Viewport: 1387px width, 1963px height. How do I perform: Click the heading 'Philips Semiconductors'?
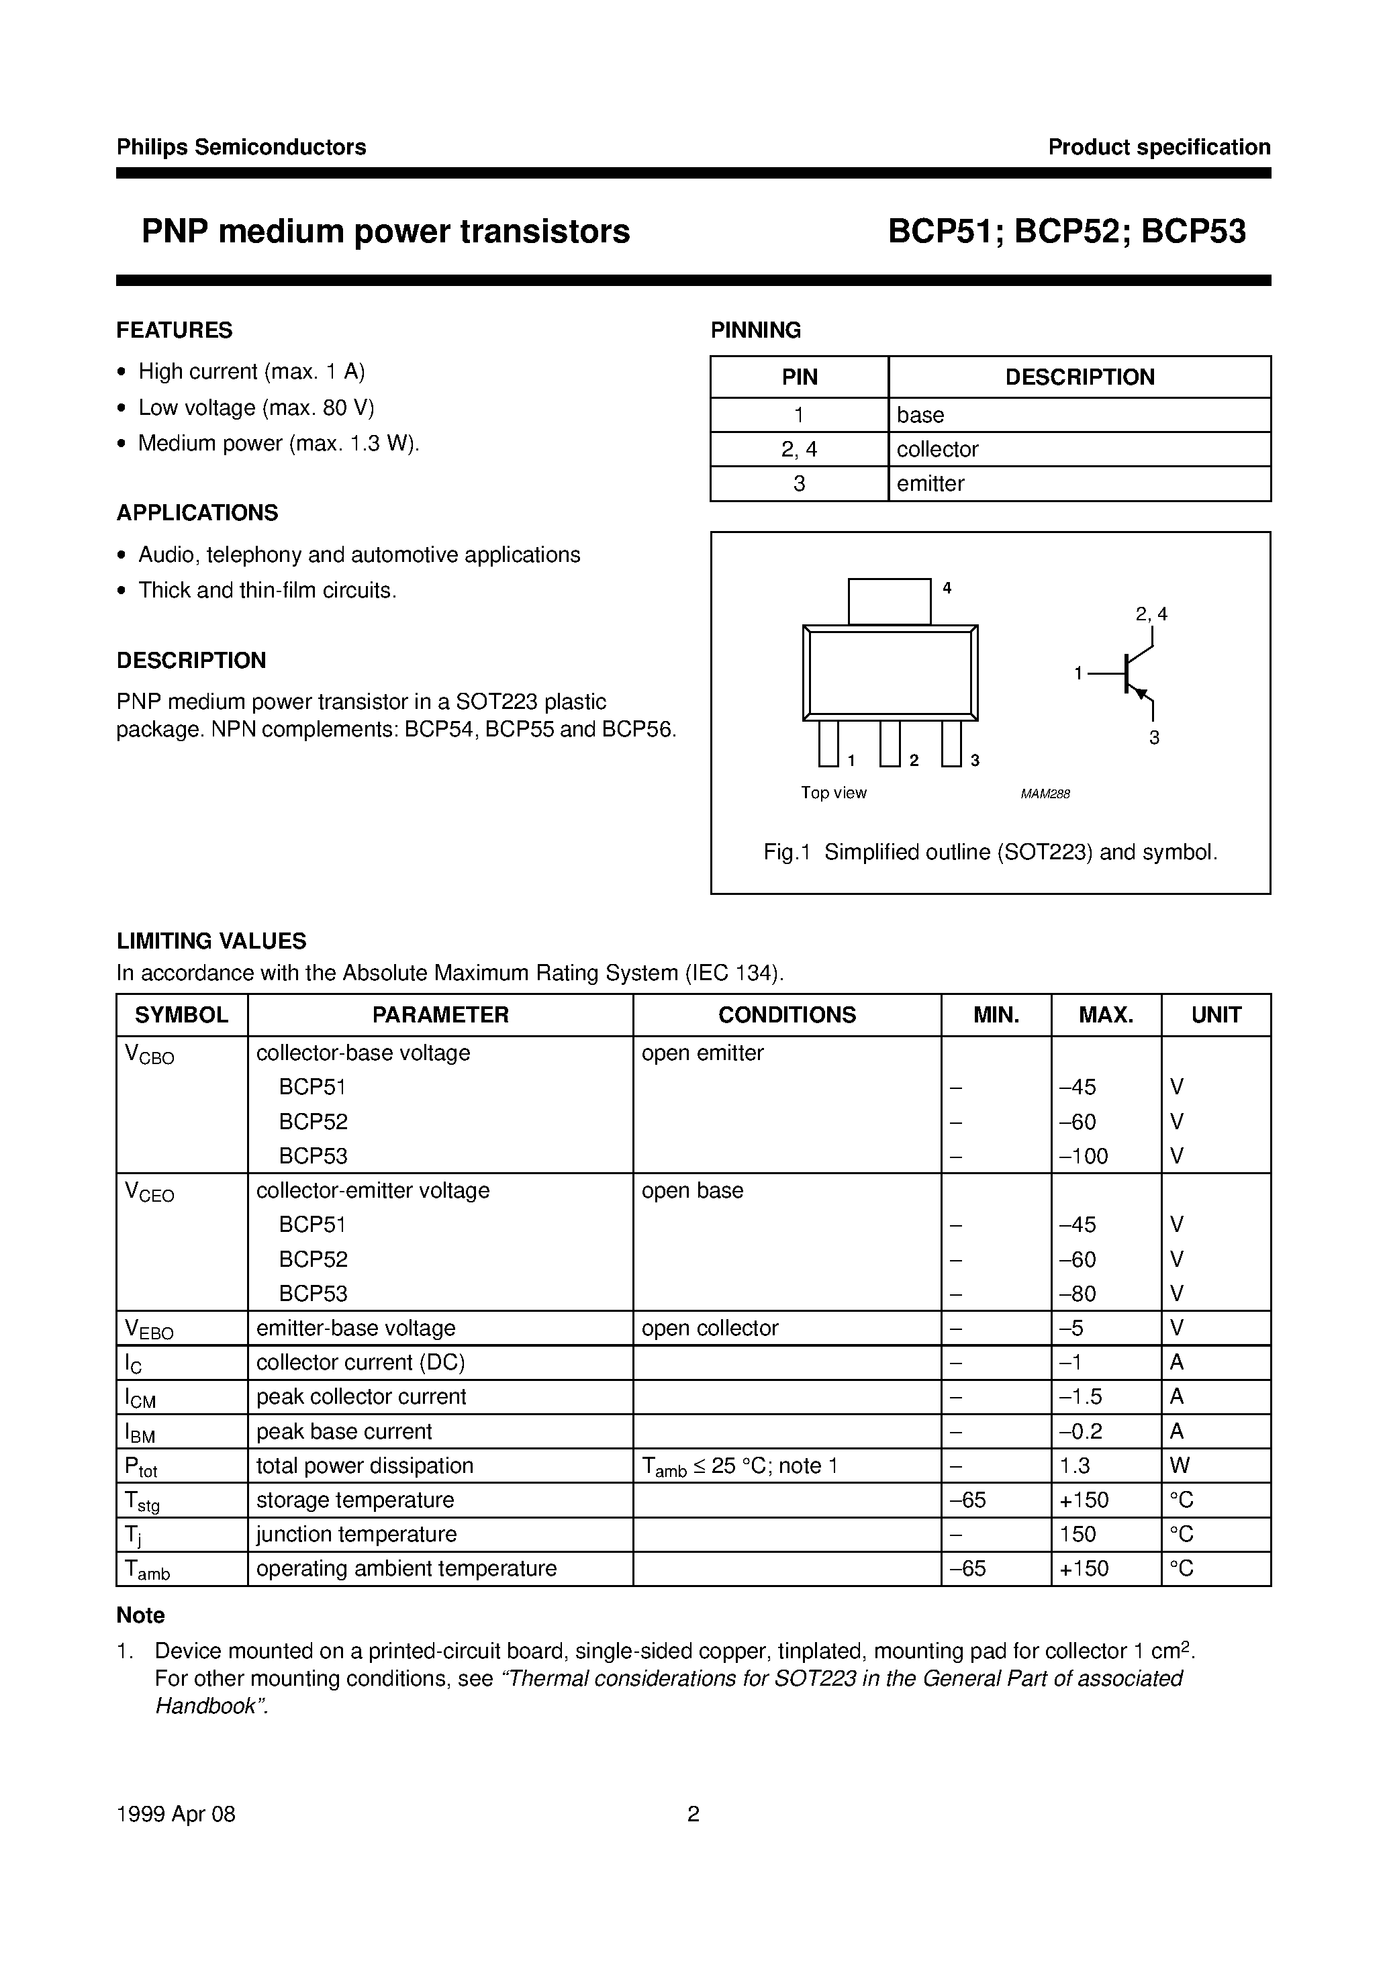241,147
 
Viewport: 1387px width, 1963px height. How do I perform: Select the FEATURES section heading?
175,330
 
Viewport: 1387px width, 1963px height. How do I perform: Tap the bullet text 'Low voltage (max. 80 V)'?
256,408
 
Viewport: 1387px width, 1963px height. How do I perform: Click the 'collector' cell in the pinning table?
937,449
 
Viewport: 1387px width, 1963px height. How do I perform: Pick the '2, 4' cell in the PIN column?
799,449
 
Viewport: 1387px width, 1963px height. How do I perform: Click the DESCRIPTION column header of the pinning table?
1079,377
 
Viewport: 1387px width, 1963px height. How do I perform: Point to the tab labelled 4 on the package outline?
890,601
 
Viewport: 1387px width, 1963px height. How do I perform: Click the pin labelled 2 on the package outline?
890,743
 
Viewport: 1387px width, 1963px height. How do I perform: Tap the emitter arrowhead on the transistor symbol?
1140,693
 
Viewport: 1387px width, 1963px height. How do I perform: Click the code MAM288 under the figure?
1045,794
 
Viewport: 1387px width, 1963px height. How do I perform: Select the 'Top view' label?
834,793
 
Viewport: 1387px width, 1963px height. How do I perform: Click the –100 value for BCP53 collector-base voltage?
1084,1156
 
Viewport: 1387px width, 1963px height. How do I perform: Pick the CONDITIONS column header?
787,1015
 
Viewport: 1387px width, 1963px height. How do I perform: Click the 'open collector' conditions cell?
710,1328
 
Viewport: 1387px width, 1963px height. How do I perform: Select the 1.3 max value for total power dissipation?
1075,1466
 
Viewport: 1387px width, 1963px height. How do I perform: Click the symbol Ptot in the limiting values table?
141,1467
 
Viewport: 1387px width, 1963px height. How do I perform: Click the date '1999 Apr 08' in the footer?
175,1814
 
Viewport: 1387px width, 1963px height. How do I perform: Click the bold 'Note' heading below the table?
140,1615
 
